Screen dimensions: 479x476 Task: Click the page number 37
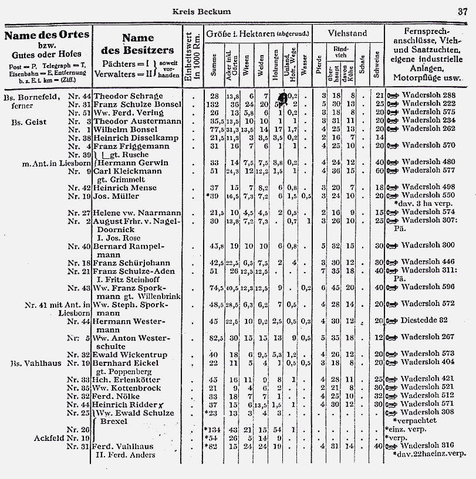click(x=462, y=11)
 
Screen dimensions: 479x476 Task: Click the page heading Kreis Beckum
click(x=202, y=11)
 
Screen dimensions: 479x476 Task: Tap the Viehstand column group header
click(x=347, y=34)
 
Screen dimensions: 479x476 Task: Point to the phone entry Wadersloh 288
click(x=426, y=96)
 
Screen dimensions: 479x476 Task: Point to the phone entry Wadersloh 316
click(x=426, y=446)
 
